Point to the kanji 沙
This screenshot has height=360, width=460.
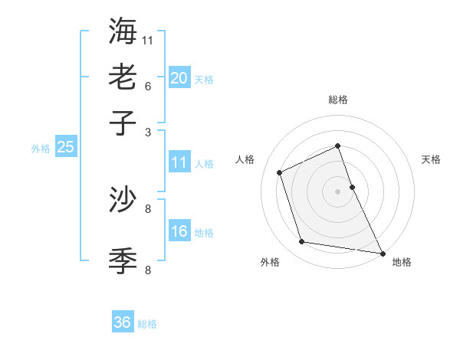point(123,200)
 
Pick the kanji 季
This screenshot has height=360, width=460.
point(123,260)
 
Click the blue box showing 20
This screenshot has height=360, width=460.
point(179,78)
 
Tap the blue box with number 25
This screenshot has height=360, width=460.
point(65,147)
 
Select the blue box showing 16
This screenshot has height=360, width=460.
point(179,231)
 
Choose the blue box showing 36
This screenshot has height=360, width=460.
point(123,322)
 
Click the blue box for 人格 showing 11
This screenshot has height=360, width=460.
point(179,162)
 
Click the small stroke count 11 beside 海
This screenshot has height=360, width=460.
point(148,39)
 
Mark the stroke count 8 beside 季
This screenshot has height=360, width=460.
point(147,269)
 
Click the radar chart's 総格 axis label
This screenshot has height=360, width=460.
point(337,100)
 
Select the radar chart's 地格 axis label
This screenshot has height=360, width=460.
point(402,263)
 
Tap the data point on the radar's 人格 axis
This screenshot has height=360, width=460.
point(280,172)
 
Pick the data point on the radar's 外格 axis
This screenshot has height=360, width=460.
point(302,242)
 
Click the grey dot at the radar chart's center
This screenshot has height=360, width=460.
point(337,191)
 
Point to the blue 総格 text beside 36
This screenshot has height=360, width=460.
point(147,324)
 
